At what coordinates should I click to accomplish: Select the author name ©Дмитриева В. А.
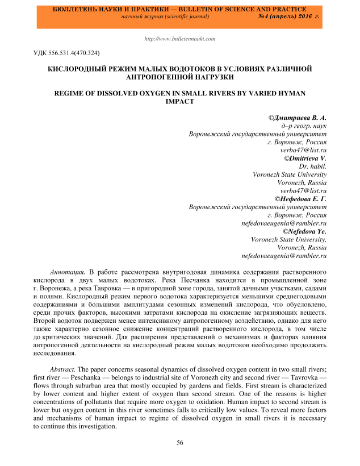pos(298,117)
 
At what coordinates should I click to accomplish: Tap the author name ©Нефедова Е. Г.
pos(300,199)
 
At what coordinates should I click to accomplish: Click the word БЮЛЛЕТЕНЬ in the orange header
pos(77,10)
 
